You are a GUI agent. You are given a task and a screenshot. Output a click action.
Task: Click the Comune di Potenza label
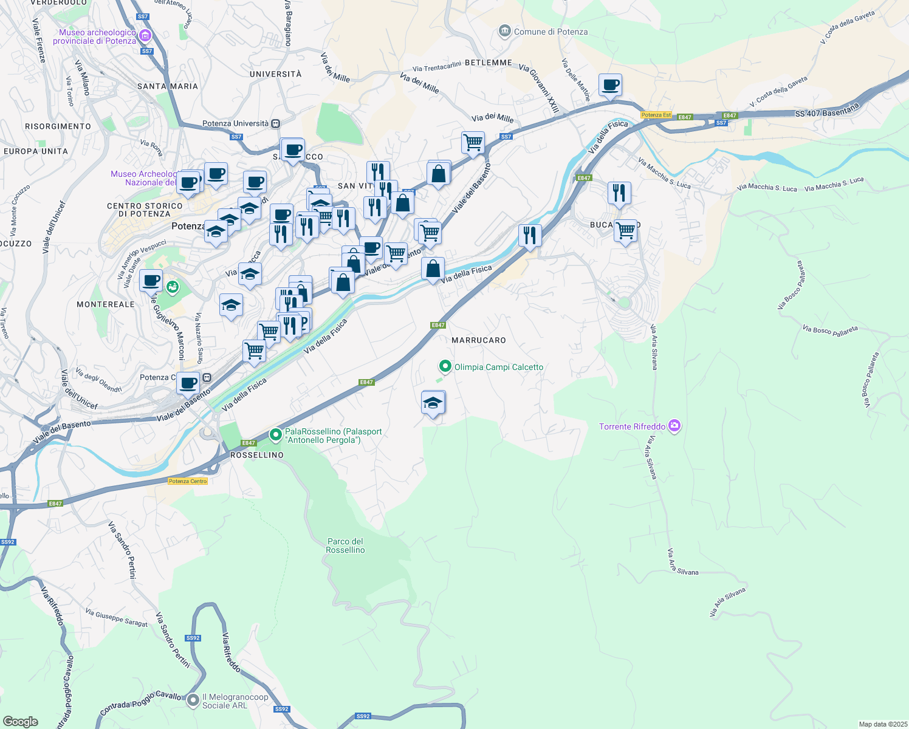point(551,32)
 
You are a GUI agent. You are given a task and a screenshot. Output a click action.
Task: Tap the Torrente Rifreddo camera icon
point(674,426)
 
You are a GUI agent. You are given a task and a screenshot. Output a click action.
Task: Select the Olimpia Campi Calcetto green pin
point(445,366)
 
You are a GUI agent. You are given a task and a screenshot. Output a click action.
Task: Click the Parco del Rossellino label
point(345,546)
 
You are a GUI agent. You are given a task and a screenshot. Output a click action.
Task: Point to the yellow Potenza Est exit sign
point(656,115)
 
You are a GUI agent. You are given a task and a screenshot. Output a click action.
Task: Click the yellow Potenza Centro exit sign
point(188,481)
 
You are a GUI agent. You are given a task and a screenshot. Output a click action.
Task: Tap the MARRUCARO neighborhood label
point(479,340)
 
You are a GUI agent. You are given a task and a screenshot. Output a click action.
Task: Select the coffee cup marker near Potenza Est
point(610,84)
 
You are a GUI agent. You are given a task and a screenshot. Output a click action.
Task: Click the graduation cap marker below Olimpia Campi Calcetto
point(433,403)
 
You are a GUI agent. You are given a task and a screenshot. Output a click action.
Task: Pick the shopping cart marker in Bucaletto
point(625,231)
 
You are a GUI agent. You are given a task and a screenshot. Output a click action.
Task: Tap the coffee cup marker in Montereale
point(151,281)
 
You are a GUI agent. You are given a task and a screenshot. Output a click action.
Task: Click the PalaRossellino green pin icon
point(276,434)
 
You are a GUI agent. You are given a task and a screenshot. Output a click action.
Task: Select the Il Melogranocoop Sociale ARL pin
point(193,700)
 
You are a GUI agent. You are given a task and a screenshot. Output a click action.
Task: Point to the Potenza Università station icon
point(276,123)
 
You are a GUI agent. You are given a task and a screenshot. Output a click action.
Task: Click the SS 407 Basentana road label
point(827,111)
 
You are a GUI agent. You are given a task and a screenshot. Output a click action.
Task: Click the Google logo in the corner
point(20,721)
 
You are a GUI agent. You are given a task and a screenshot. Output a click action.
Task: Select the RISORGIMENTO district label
point(58,126)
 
